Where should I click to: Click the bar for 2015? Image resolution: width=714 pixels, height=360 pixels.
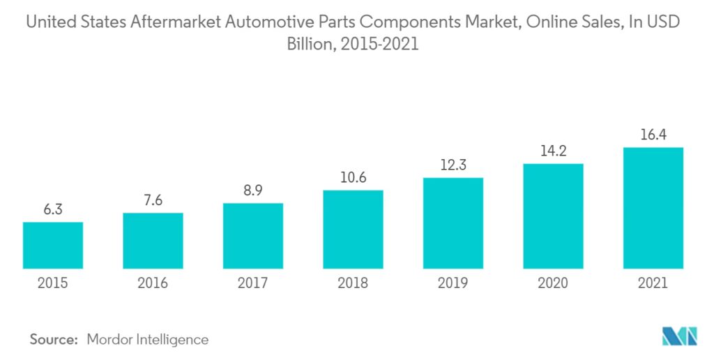(52, 245)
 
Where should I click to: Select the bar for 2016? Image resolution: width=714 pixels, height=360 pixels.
(153, 241)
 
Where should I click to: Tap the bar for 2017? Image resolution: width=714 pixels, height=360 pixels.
(253, 236)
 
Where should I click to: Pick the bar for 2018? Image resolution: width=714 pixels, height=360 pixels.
(353, 230)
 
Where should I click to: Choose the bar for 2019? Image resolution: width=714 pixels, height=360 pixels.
(453, 223)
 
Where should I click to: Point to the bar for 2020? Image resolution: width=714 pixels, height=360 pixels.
(553, 216)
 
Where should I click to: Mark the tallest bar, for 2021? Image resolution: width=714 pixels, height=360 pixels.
(653, 208)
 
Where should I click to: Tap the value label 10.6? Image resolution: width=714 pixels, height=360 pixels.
(353, 178)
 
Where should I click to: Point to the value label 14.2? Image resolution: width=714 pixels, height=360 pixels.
(553, 151)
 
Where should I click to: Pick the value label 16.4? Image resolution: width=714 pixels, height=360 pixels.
(653, 135)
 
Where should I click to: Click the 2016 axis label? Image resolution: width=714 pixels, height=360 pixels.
(153, 283)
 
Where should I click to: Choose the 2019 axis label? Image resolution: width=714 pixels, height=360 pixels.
(453, 283)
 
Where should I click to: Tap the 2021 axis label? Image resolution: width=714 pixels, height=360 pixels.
(653, 283)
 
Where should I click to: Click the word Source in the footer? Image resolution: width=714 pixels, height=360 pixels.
(53, 340)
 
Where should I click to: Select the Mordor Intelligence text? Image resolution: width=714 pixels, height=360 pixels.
(147, 340)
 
